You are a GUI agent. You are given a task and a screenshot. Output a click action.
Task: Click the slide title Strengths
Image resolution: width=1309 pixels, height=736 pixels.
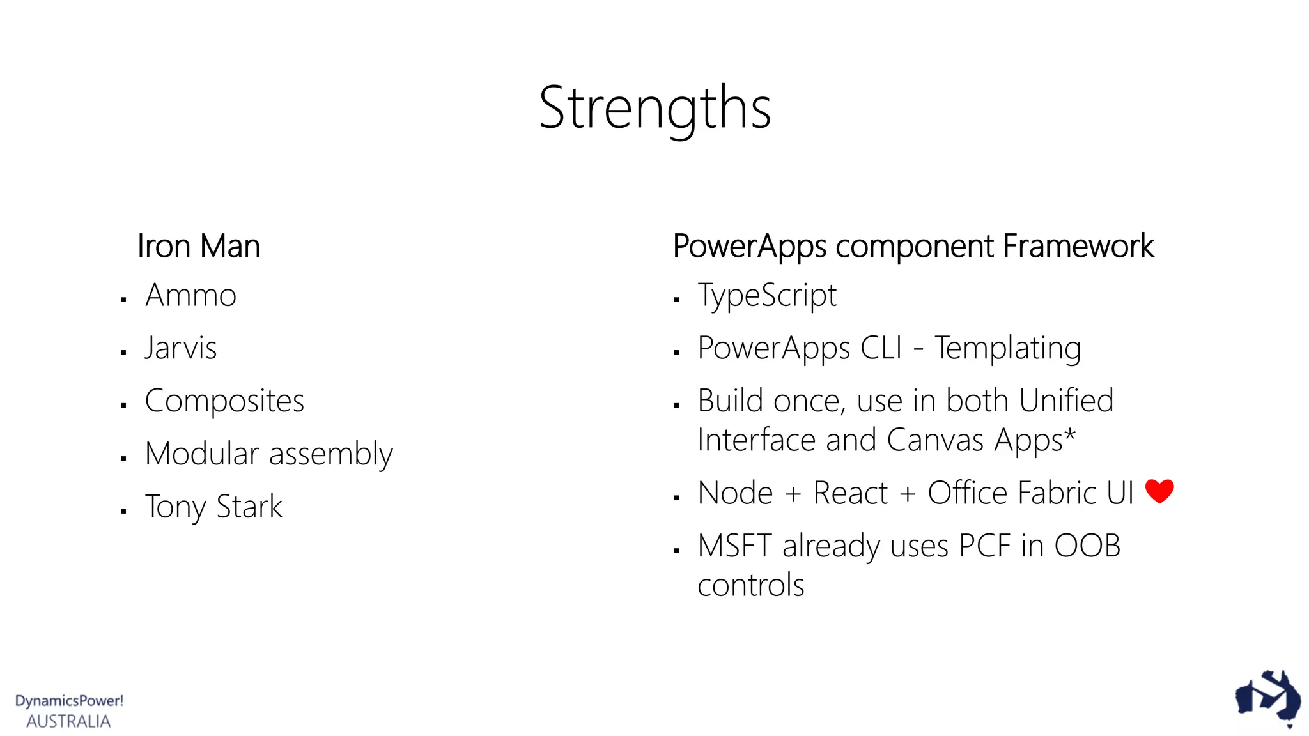[654, 108]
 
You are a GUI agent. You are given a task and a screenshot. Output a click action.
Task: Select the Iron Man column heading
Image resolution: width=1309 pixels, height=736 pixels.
[199, 246]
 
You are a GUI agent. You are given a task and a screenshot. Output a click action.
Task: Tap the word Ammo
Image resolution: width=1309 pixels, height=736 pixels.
[190, 295]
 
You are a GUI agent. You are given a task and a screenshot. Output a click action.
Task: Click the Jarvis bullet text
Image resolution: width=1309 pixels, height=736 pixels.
[181, 348]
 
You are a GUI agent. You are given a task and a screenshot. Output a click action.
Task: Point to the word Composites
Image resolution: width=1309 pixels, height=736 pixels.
[224, 401]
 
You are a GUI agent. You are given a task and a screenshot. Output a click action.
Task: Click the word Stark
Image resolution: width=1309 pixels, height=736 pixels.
[249, 507]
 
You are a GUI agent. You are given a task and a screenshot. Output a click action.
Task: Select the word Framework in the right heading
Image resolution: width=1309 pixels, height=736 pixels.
[1078, 246]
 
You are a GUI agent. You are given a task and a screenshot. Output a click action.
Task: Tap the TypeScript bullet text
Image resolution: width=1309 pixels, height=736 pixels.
[767, 296]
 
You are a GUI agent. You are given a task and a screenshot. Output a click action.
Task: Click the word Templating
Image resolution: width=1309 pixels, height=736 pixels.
[1007, 349]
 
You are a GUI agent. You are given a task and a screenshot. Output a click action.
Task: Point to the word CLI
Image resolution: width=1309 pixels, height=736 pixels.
[881, 348]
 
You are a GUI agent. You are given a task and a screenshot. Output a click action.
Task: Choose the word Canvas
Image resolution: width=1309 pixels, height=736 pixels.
[935, 440]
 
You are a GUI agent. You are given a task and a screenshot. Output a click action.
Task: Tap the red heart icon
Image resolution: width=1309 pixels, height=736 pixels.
[1159, 491]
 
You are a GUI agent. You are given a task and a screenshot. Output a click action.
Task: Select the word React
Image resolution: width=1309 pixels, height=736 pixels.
[850, 493]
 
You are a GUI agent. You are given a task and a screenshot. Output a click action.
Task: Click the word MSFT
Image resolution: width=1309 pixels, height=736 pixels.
[734, 546]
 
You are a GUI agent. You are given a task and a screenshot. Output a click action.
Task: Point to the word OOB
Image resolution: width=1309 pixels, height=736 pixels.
[1087, 546]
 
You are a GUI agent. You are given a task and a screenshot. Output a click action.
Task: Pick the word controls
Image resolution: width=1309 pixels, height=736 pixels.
[750, 585]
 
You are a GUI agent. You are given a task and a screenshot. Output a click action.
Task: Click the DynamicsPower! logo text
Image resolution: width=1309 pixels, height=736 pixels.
[69, 701]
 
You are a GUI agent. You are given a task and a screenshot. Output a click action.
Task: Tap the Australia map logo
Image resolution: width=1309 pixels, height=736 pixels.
[1267, 698]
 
